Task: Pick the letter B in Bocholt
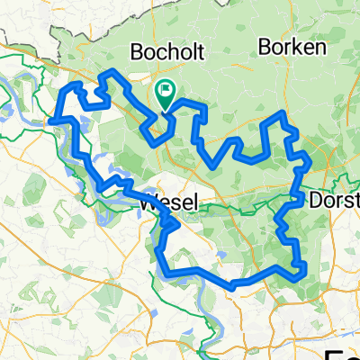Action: [x=139, y=51]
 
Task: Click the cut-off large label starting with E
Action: [x=346, y=352]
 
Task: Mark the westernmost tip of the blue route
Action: [x=53, y=119]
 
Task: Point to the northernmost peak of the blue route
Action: [x=111, y=70]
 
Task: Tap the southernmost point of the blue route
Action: [x=232, y=287]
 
